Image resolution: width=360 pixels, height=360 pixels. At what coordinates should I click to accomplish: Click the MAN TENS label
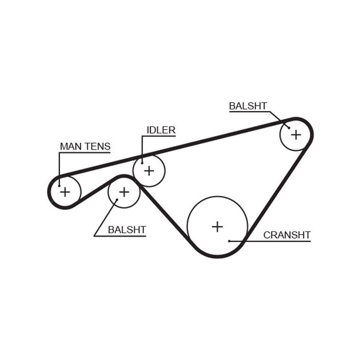(85, 146)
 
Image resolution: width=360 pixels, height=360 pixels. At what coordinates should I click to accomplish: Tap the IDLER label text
(161, 130)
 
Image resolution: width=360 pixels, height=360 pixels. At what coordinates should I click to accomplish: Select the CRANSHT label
(287, 235)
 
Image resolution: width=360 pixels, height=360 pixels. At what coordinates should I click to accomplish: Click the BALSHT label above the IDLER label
(248, 106)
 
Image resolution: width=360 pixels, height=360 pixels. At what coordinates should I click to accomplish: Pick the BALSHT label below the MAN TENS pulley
(127, 230)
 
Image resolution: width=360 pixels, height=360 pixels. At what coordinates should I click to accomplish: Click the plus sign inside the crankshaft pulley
(217, 226)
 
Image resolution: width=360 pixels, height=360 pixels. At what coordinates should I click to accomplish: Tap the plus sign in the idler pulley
(149, 170)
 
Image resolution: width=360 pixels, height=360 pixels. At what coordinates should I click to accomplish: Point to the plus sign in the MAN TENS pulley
(65, 191)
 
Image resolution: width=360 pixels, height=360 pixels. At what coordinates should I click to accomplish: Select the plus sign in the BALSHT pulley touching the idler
(123, 191)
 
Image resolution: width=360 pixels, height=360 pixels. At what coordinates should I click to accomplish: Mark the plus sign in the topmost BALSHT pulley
(296, 134)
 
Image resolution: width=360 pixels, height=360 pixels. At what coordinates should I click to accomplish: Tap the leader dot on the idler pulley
(142, 161)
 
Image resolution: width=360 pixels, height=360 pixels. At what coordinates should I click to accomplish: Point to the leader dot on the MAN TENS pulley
(59, 185)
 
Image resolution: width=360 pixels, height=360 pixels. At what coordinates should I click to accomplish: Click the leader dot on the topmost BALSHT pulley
(289, 128)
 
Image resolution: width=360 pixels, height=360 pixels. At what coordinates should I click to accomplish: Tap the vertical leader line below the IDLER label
(142, 148)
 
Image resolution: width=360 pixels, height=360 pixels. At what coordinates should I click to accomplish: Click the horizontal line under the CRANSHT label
(280, 241)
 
